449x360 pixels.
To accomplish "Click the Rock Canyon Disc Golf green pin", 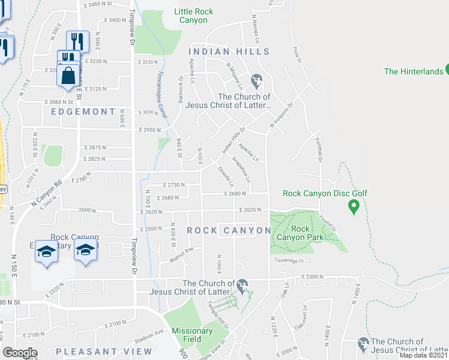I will (354, 207).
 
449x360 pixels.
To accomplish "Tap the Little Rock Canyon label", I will (191, 16).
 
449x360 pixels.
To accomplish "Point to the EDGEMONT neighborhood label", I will (83, 112).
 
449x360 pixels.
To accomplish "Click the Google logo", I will (20, 353).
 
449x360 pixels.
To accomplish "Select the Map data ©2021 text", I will (423, 355).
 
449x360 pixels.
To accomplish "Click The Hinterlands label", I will (413, 71).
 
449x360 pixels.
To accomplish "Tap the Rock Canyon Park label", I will (300, 233).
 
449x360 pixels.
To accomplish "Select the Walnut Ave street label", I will (181, 253).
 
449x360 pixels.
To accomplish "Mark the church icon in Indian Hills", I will (257, 79).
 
